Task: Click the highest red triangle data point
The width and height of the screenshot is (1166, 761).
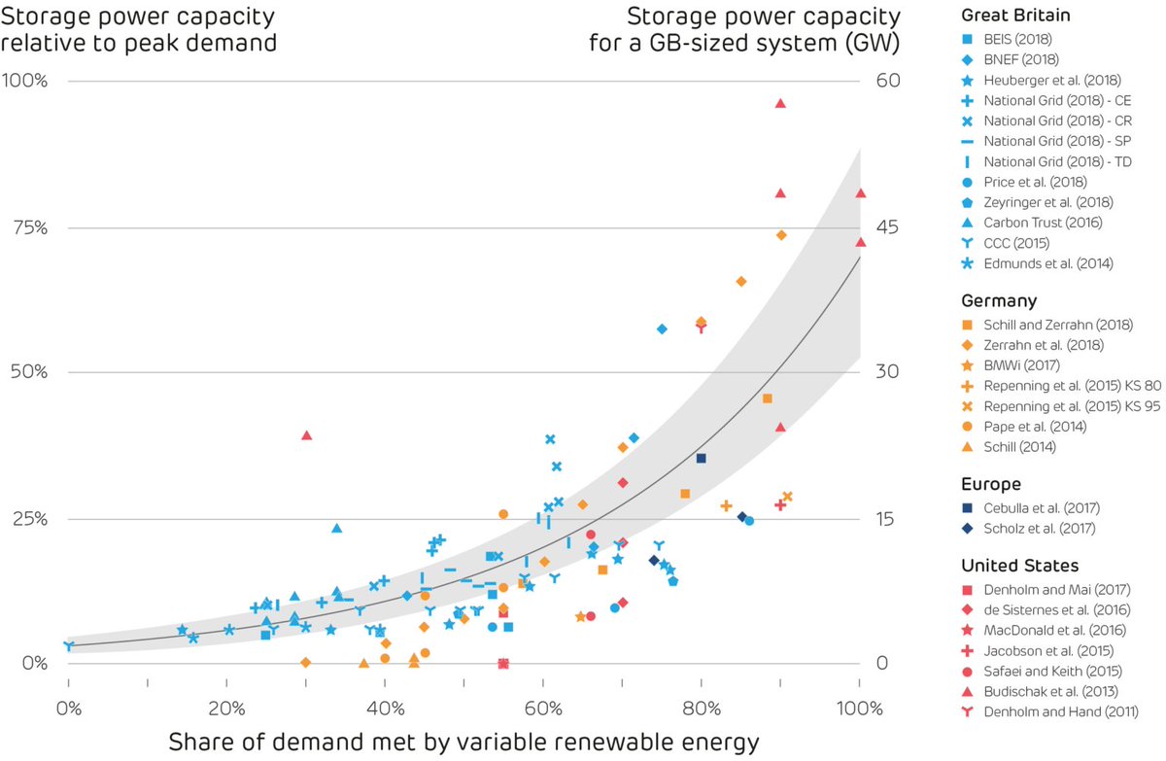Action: coord(780,103)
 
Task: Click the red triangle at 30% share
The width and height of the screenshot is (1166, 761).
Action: coord(307,435)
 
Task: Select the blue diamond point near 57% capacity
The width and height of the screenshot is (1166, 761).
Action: coord(662,329)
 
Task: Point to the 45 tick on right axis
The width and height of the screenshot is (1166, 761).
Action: coord(888,227)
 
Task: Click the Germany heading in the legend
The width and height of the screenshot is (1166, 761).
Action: coord(998,301)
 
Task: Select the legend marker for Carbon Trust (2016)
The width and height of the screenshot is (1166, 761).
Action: coord(967,222)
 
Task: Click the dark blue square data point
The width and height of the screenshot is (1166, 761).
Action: coord(701,458)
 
